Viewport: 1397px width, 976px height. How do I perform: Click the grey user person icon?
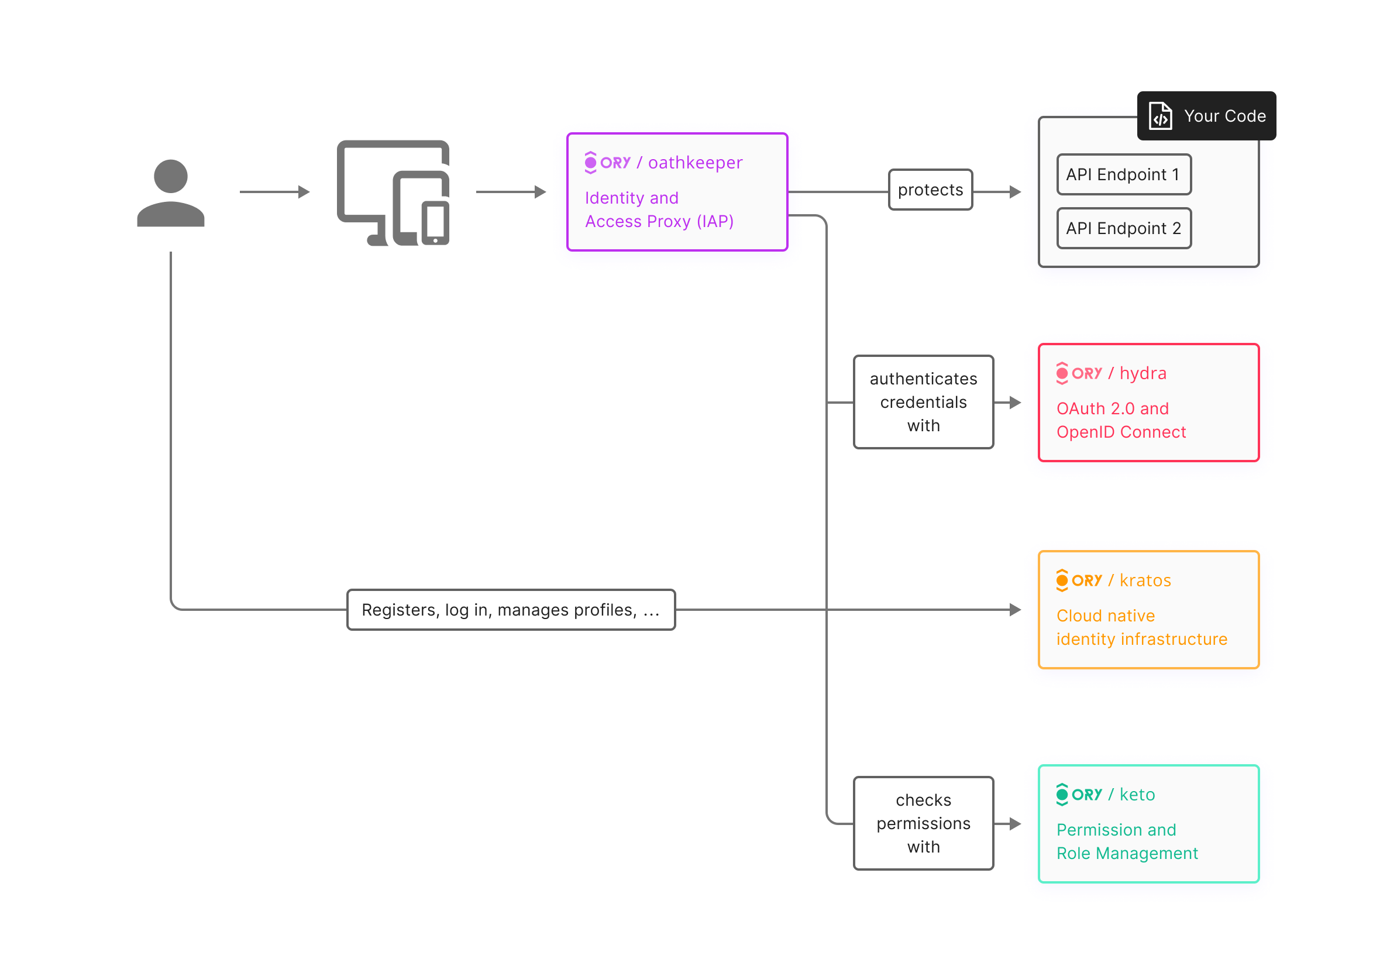pyautogui.click(x=170, y=194)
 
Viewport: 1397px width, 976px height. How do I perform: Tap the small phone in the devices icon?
pyautogui.click(x=435, y=222)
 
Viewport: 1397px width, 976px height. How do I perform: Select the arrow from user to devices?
pyautogui.click(x=274, y=192)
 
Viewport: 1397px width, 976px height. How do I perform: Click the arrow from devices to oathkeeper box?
pyautogui.click(x=511, y=192)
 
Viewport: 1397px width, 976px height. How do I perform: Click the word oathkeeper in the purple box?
pyautogui.click(x=695, y=163)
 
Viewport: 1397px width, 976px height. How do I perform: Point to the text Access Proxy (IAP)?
pyautogui.click(x=659, y=222)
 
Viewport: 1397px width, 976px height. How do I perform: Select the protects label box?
pyautogui.click(x=930, y=190)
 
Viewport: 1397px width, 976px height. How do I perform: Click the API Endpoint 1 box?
pyautogui.click(x=1123, y=174)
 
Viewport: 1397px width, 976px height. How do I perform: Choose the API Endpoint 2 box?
pyautogui.click(x=1123, y=228)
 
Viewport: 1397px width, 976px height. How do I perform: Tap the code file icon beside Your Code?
pyautogui.click(x=1159, y=116)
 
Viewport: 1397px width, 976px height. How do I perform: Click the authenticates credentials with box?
pyautogui.click(x=923, y=402)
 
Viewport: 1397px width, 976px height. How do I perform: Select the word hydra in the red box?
pyautogui.click(x=1143, y=373)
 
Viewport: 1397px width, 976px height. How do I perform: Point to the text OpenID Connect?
pyautogui.click(x=1121, y=432)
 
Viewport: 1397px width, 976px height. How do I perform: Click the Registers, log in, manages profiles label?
pyautogui.click(x=511, y=610)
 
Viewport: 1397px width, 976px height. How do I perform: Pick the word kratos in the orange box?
pyautogui.click(x=1145, y=580)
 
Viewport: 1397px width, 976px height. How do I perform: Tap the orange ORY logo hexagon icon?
pyautogui.click(x=1062, y=580)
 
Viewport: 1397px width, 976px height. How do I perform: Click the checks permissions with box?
pyautogui.click(x=923, y=823)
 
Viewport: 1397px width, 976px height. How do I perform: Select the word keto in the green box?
pyautogui.click(x=1137, y=795)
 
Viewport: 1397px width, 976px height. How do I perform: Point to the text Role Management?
pyautogui.click(x=1127, y=853)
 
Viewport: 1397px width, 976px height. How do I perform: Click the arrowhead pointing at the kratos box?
pyautogui.click(x=1015, y=610)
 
